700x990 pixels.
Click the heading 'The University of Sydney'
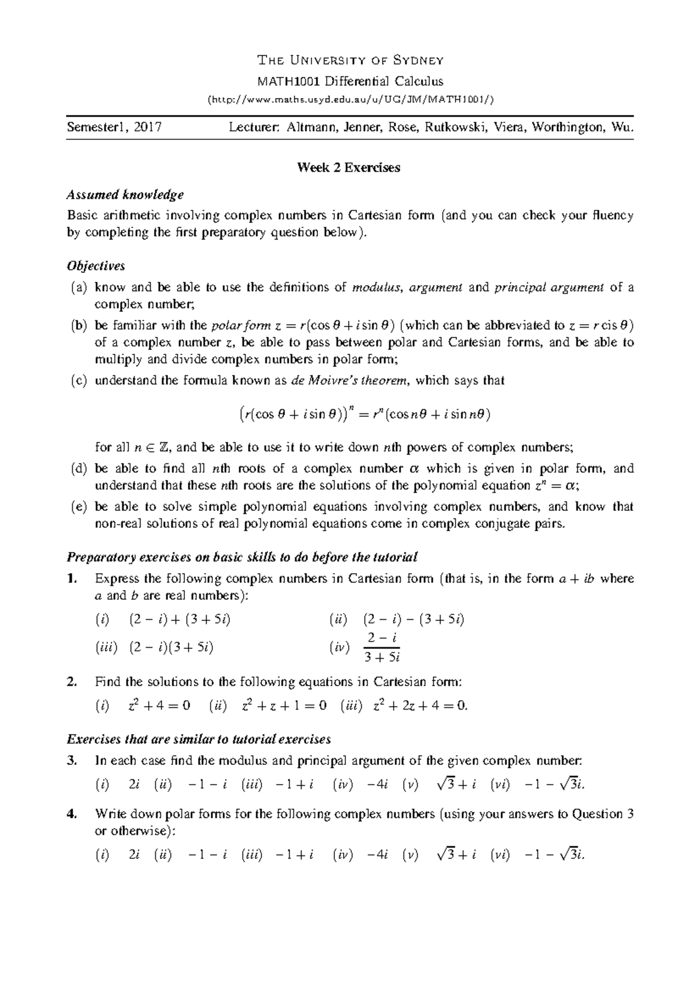tap(351, 60)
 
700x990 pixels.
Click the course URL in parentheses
tap(351, 99)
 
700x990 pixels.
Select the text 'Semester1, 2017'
tap(114, 127)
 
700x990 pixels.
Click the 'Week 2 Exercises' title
tap(349, 168)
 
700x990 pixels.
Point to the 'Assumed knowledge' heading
tap(125, 194)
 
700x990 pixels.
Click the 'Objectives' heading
tap(96, 266)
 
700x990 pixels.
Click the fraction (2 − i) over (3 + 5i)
tap(381, 648)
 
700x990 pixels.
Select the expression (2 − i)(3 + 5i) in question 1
tap(171, 647)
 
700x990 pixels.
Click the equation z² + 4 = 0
tap(159, 706)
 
